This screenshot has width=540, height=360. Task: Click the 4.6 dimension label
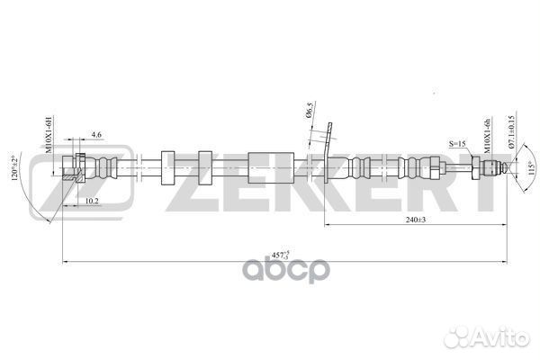pyautogui.click(x=97, y=135)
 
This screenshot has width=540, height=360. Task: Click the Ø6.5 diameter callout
pyautogui.click(x=310, y=115)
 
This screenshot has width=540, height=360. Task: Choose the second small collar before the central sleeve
pyautogui.click(x=204, y=168)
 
